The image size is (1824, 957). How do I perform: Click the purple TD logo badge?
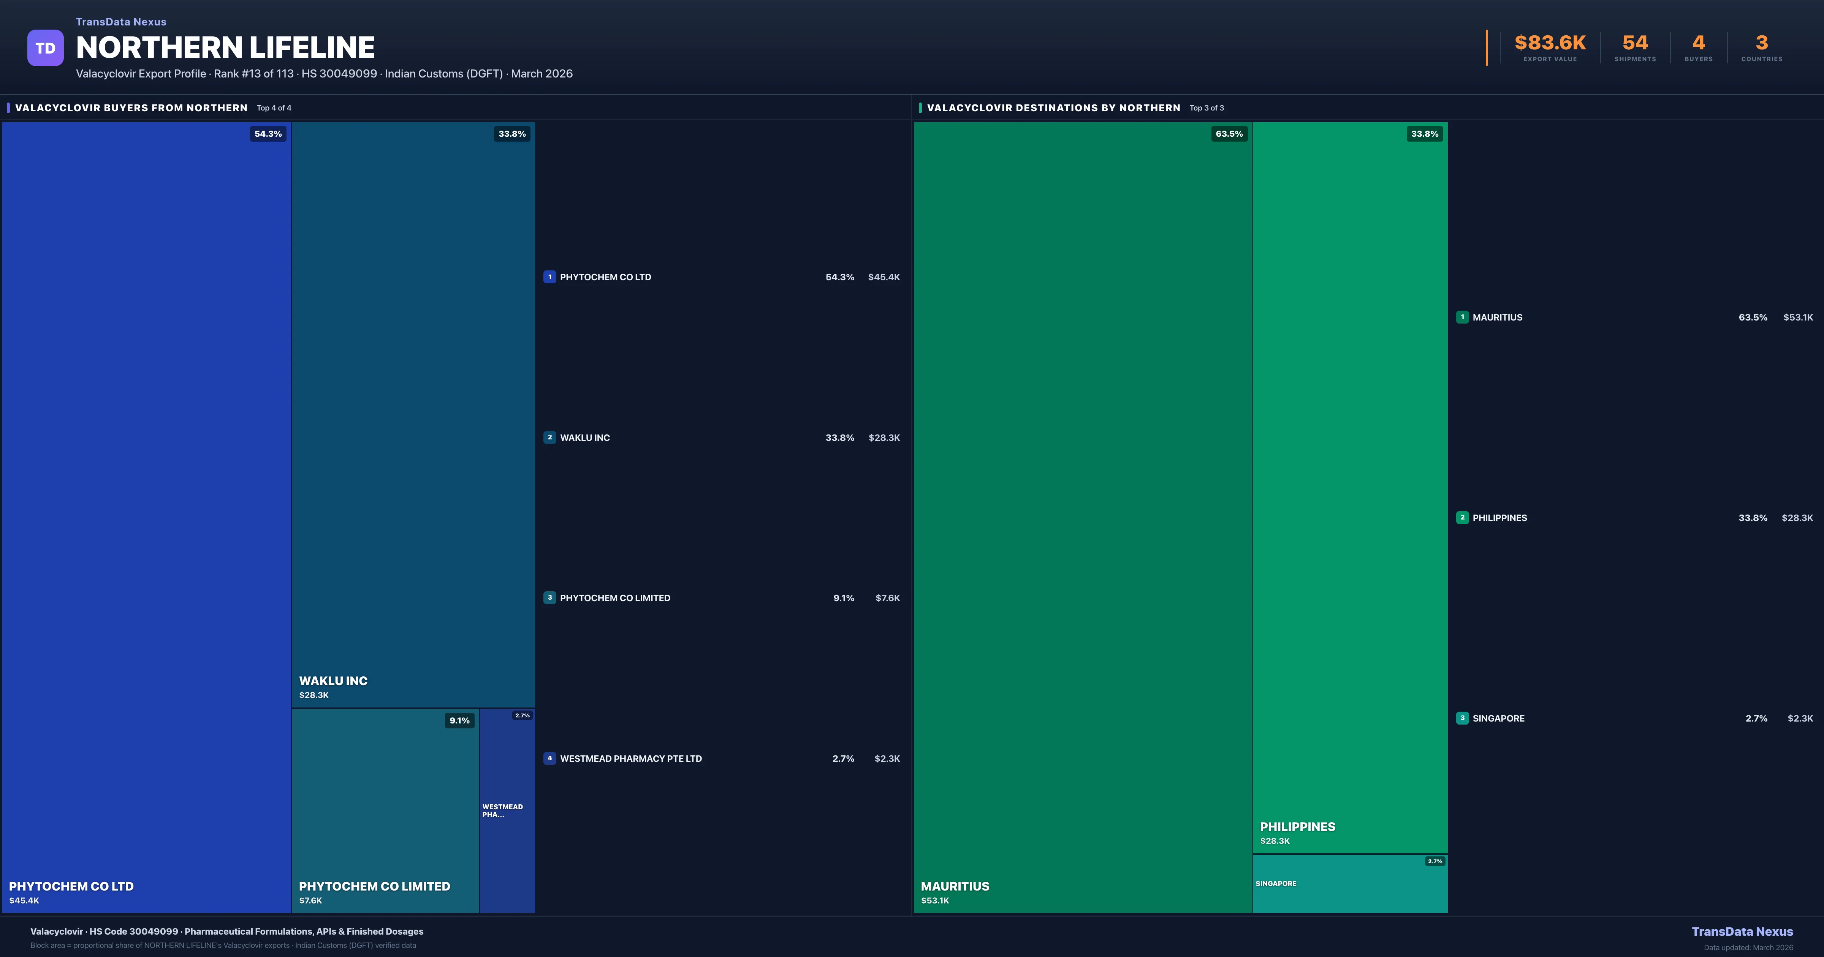click(x=45, y=48)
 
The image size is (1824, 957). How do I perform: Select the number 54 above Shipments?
click(x=1634, y=43)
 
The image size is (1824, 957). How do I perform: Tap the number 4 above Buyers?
click(x=1698, y=43)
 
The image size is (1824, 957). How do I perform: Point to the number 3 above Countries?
click(x=1761, y=43)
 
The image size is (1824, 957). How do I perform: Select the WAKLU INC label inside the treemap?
click(x=333, y=681)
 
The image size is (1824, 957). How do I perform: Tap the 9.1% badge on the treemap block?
click(x=459, y=720)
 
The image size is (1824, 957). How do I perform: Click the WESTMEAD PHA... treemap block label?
click(x=503, y=810)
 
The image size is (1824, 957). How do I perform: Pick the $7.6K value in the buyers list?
click(x=887, y=598)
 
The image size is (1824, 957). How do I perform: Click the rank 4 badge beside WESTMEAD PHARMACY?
click(x=549, y=758)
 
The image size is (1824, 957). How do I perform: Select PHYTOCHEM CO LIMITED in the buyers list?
click(x=614, y=598)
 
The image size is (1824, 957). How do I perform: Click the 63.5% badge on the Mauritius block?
click(x=1229, y=134)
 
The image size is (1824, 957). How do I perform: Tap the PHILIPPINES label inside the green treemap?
click(x=1297, y=827)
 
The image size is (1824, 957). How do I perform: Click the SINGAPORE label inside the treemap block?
click(x=1276, y=883)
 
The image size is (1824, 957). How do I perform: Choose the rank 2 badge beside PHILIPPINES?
click(x=1462, y=518)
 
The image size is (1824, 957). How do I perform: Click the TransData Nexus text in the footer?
click(x=1742, y=932)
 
